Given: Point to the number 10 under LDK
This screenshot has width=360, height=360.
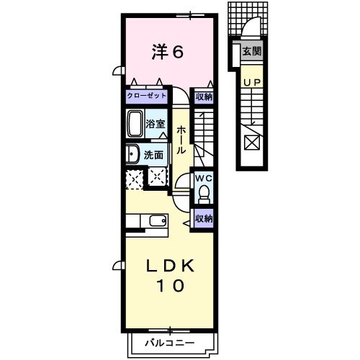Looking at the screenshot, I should [x=171, y=286].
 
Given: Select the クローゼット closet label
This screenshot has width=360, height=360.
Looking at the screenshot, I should [x=147, y=96].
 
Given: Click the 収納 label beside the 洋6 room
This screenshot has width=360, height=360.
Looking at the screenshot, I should [x=204, y=96].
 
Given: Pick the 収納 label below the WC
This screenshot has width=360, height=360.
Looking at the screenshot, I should [x=203, y=217].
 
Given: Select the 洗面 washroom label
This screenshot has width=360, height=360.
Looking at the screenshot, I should [x=153, y=153].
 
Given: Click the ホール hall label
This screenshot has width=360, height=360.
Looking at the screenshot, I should [x=181, y=139].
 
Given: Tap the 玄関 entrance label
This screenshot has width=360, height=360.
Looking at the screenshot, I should [x=251, y=51].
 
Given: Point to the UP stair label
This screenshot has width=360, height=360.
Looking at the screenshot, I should [x=251, y=83].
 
